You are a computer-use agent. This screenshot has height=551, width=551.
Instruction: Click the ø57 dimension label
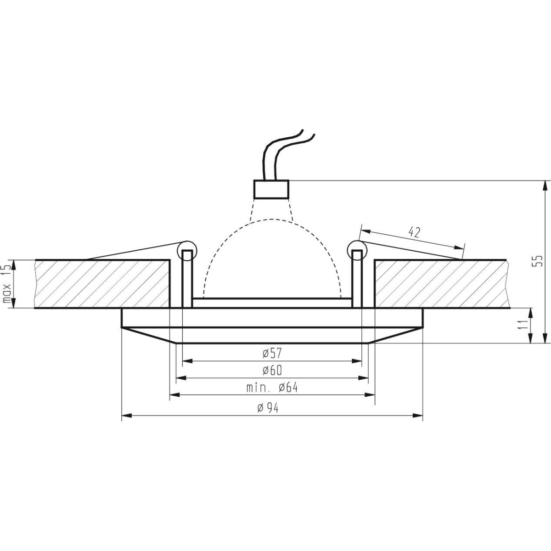(x=272, y=354)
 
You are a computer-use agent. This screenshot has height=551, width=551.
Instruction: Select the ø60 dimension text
(x=272, y=371)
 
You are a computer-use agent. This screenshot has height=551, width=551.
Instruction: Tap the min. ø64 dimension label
(x=272, y=388)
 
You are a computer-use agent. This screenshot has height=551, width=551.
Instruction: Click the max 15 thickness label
(x=7, y=284)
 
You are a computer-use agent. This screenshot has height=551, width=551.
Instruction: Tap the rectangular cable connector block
(x=271, y=189)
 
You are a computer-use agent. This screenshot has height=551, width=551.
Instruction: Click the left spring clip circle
(x=186, y=250)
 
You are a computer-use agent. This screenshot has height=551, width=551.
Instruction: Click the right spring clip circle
(x=358, y=250)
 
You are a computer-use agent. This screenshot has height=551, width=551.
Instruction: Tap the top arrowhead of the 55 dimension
(x=545, y=185)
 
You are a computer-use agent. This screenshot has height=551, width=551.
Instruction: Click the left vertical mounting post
(x=187, y=280)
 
